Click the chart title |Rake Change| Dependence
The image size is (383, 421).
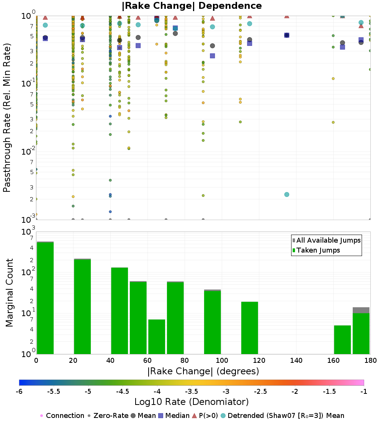pos(191,6)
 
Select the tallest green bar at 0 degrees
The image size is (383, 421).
pos(45,299)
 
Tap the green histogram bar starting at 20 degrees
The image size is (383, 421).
pos(82,306)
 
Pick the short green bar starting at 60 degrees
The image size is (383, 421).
pos(157,337)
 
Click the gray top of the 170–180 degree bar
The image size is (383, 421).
pos(361,310)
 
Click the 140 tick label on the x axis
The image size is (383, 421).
pos(296,361)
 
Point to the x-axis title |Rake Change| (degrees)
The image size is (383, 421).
pos(203,371)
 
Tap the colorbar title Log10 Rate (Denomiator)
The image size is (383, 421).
pos(191,401)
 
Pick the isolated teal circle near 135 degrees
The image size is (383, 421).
pos(286,194)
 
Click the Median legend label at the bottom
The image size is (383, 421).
pos(177,416)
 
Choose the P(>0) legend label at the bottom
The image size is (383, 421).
pos(211,416)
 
